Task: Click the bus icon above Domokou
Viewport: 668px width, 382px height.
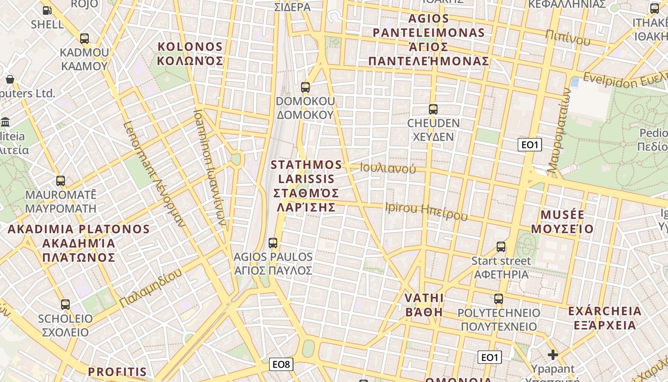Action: [x=305, y=87]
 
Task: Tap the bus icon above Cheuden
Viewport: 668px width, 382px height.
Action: [x=433, y=109]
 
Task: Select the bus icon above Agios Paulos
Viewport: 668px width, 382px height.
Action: [x=273, y=243]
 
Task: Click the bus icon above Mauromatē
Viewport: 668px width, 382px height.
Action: [x=61, y=181]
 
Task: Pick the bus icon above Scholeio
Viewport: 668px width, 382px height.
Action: [x=65, y=304]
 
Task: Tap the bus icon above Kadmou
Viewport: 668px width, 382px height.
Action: [x=84, y=39]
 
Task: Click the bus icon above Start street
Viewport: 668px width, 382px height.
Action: [x=501, y=247]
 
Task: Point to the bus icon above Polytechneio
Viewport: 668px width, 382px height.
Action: [x=499, y=299]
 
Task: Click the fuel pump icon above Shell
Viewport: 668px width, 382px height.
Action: [x=47, y=10]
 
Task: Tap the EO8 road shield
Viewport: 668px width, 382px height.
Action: [x=281, y=365]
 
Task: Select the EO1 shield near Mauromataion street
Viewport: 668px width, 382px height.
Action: [x=530, y=144]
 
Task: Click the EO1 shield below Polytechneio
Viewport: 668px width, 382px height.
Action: [x=490, y=357]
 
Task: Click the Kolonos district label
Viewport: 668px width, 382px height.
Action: [x=190, y=53]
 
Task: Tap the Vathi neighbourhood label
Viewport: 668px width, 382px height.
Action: [x=424, y=305]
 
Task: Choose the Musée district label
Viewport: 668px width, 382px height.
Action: [x=563, y=221]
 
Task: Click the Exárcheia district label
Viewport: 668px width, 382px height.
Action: [x=605, y=318]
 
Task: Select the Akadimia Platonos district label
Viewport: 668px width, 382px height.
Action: [x=79, y=243]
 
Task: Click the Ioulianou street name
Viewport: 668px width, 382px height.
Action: [x=388, y=168]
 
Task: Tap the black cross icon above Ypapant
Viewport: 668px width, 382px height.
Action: [x=553, y=355]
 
